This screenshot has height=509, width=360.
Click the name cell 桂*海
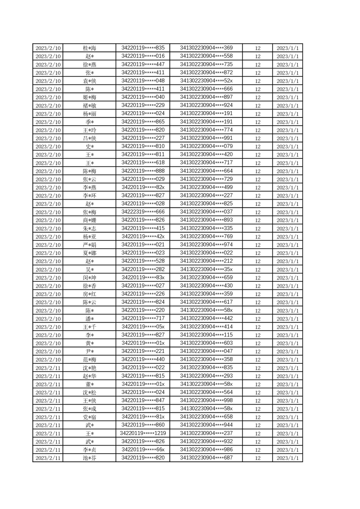(89, 48)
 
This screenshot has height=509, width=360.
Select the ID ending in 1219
(143, 433)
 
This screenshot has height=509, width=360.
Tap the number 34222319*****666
(143, 212)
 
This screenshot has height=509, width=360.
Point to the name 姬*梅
(89, 98)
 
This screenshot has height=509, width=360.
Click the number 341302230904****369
(207, 48)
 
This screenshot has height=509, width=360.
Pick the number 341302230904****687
(207, 458)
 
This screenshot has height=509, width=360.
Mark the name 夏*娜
(89, 253)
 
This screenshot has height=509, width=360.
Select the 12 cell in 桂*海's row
(258, 48)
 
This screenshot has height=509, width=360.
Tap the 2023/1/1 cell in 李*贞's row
(287, 450)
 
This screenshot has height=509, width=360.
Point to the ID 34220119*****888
(143, 171)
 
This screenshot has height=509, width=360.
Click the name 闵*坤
(89, 278)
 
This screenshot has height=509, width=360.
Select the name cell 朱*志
(89, 229)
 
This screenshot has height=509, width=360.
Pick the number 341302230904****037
(207, 212)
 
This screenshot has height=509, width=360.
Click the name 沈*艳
(89, 368)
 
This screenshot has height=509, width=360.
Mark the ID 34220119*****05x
(143, 327)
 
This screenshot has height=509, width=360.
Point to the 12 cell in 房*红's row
(258, 294)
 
